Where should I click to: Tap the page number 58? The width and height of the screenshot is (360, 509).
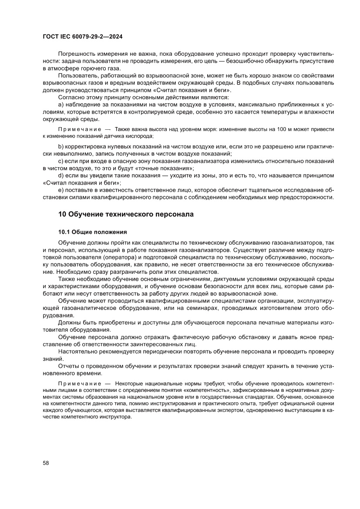coord(46,462)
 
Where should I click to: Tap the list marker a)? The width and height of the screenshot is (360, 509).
coord(61,105)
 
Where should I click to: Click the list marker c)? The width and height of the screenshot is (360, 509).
coord(61,161)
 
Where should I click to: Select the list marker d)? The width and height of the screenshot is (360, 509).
coord(61,175)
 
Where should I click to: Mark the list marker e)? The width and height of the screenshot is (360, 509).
coord(61,190)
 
